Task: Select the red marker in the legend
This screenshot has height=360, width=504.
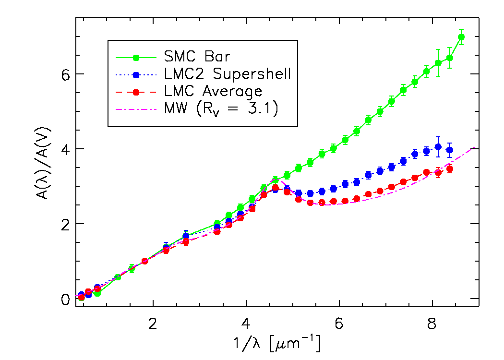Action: pos(136,92)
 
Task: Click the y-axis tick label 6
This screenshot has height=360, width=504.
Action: pos(65,74)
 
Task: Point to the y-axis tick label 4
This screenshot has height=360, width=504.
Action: pos(65,149)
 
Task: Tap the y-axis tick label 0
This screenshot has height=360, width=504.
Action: pos(65,299)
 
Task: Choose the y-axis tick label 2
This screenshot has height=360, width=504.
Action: pos(65,224)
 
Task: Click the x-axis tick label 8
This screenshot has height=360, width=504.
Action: pos(432,324)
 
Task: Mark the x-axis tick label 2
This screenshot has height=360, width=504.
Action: pos(153,324)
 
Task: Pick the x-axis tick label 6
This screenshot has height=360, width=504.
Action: pos(339,324)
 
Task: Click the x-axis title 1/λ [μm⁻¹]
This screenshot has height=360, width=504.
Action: pos(278,344)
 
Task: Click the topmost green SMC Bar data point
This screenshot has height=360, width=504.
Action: pos(461,37)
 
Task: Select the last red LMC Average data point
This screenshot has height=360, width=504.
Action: pos(450,168)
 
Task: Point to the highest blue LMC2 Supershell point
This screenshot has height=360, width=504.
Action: pos(438,147)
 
